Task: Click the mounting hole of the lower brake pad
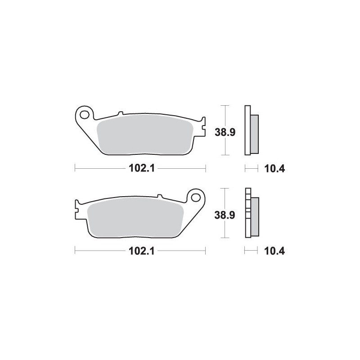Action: tap(196, 197)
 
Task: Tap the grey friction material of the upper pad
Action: tap(144, 135)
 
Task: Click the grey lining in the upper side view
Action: tap(254, 134)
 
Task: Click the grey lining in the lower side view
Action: tap(254, 217)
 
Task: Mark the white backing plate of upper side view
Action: tap(247, 130)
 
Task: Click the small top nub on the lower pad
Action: tap(159, 196)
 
